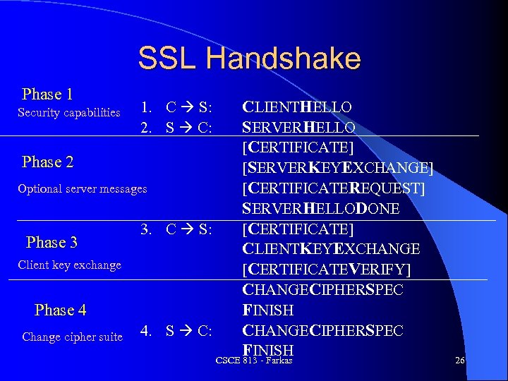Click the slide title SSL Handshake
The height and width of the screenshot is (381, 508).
click(249, 59)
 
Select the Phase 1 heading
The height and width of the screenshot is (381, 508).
click(48, 95)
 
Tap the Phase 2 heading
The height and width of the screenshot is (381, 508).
click(48, 162)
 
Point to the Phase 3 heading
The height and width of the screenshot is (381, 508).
click(52, 243)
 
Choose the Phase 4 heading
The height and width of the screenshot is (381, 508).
click(60, 310)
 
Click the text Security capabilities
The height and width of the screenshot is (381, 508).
click(69, 113)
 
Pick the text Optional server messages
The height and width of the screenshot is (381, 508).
click(83, 188)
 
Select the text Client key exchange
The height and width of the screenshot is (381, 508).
click(69, 265)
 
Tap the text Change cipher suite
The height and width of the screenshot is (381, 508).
click(72, 337)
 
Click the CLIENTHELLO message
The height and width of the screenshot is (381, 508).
click(297, 108)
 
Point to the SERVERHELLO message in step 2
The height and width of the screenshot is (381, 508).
click(298, 128)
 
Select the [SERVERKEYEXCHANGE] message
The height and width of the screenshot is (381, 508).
click(338, 169)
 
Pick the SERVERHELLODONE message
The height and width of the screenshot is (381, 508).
click(321, 209)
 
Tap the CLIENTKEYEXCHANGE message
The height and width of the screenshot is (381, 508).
click(331, 249)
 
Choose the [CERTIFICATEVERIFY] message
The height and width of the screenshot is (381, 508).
click(326, 270)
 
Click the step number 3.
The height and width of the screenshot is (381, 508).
click(145, 229)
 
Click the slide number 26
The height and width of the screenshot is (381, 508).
click(460, 361)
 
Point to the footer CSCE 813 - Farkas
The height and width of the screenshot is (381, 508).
click(254, 361)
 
